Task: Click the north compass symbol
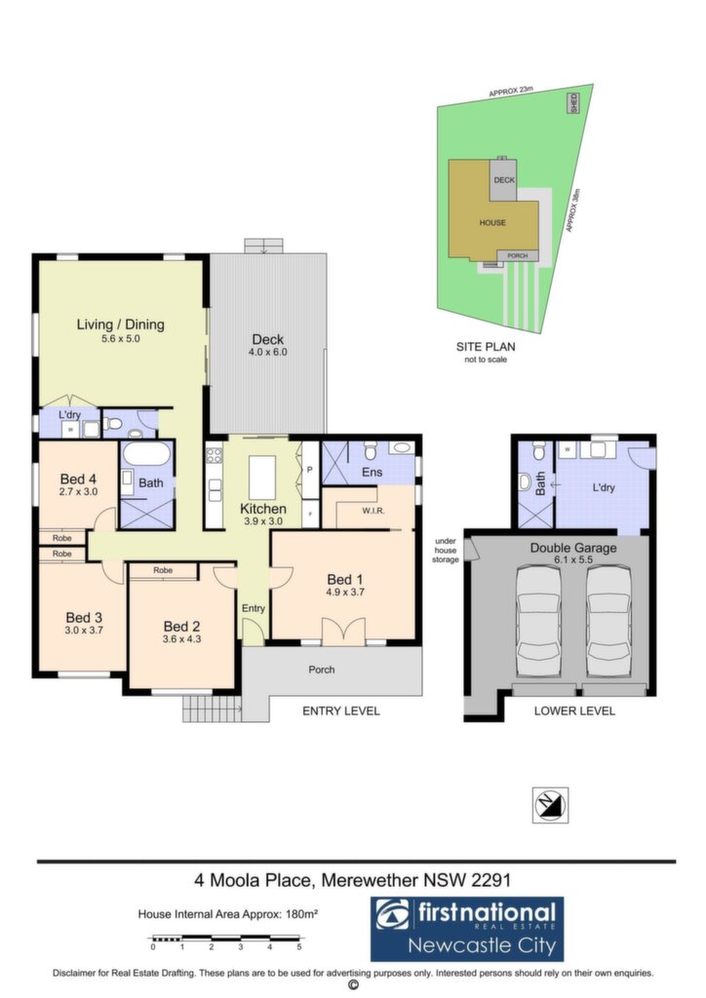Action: coord(550,805)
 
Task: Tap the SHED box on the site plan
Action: coord(573,103)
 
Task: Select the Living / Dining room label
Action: coord(120,325)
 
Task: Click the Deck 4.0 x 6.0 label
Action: coord(267,344)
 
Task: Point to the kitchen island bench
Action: coord(261,478)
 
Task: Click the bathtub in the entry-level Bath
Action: coord(146,454)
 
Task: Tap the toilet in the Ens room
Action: coord(372,450)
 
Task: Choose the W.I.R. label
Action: coord(373,511)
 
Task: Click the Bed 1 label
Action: coord(345,579)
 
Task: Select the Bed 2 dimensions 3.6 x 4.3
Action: coord(181,639)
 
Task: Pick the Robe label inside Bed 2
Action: coord(163,570)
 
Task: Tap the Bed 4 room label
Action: coord(78,479)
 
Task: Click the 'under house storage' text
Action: coord(446,550)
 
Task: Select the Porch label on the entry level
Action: coord(322,670)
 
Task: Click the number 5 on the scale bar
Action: coord(298,947)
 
